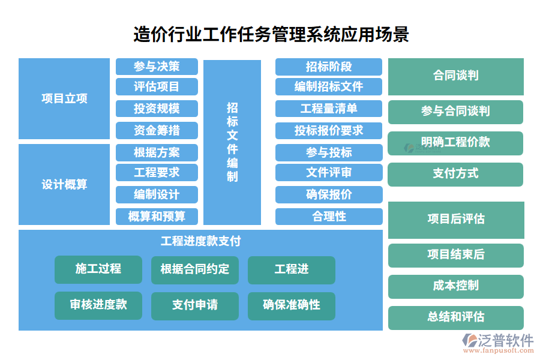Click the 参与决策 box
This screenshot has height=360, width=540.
(x=157, y=67)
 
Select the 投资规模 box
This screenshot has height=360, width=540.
(x=157, y=109)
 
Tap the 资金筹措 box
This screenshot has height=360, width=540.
(x=157, y=131)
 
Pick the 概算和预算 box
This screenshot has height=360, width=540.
(x=157, y=217)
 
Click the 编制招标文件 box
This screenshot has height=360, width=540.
(x=329, y=86)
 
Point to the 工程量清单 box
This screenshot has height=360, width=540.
(x=329, y=109)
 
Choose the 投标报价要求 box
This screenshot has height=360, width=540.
(x=329, y=131)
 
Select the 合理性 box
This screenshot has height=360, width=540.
(x=329, y=217)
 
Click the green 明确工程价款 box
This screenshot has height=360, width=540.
(x=455, y=143)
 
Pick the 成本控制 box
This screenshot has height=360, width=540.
(x=455, y=287)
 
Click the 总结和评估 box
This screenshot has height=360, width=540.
(x=455, y=317)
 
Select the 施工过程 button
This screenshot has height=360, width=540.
(x=98, y=269)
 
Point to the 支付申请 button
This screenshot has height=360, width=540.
(x=195, y=306)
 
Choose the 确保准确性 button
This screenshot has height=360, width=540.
(x=292, y=306)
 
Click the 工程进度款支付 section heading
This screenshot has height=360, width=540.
(x=200, y=241)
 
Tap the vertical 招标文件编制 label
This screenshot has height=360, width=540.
(x=232, y=142)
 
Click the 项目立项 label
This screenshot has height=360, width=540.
(x=64, y=98)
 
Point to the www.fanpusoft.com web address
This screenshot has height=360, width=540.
(x=499, y=350)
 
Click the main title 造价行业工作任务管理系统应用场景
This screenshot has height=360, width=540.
(x=271, y=34)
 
